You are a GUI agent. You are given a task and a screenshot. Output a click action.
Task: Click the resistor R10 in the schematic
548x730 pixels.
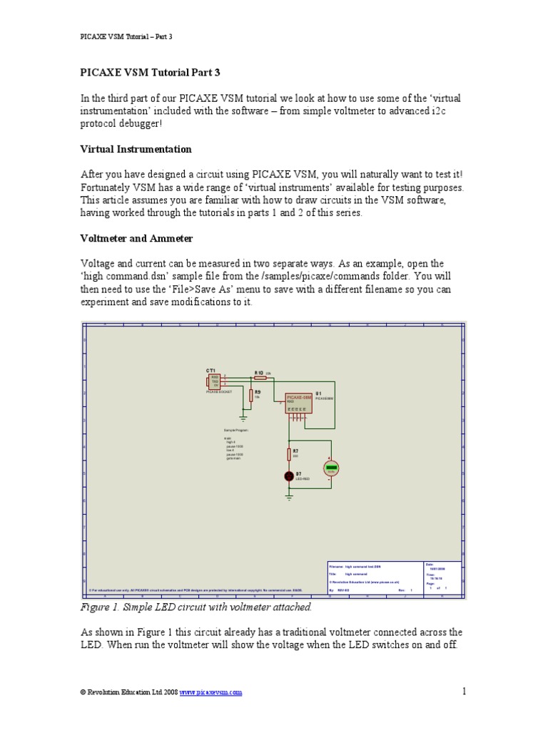pyautogui.click(x=260, y=378)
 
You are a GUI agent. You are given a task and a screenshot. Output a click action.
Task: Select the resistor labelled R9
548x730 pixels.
pyautogui.click(x=251, y=395)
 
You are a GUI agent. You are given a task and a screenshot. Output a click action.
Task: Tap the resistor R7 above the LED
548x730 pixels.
pyautogui.click(x=289, y=454)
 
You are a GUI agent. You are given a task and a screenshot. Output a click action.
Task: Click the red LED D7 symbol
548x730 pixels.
pyautogui.click(x=289, y=475)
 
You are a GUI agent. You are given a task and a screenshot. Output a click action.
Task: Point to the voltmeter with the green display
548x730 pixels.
pyautogui.click(x=330, y=468)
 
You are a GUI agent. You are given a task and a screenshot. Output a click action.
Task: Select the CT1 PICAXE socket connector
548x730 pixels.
pyautogui.click(x=214, y=381)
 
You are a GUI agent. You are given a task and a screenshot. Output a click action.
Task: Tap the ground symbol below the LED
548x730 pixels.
pyautogui.click(x=289, y=497)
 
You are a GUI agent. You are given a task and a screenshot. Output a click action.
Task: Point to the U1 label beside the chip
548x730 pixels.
pyautogui.click(x=319, y=393)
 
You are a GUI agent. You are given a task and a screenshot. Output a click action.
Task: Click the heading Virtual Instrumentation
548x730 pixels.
pyautogui.click(x=136, y=149)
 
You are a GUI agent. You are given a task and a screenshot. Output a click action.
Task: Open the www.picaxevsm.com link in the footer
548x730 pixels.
pyautogui.click(x=210, y=692)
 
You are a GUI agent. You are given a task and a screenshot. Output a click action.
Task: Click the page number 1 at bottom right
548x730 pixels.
pyautogui.click(x=463, y=690)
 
